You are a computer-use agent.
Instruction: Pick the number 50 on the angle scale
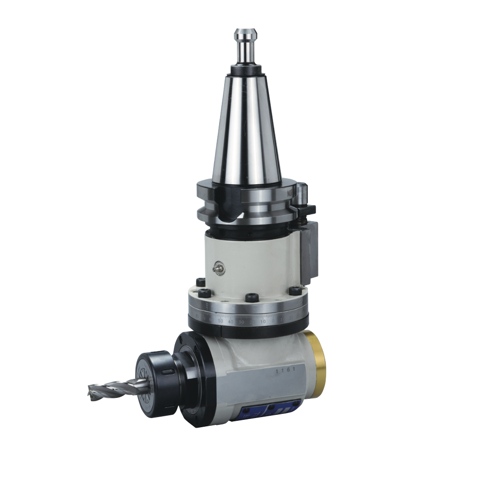coord(220,321)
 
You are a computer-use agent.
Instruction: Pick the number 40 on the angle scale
coord(231,322)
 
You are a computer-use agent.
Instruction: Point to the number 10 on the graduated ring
coord(263,322)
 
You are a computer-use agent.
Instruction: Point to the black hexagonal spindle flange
coord(190,379)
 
